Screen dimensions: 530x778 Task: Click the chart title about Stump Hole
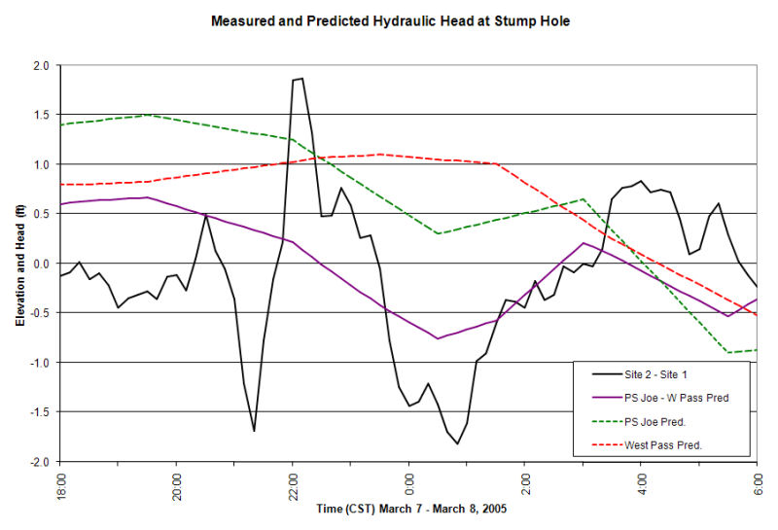click(390, 20)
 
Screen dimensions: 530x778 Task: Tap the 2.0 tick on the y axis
click(39, 65)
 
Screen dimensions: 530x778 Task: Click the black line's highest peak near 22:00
click(301, 79)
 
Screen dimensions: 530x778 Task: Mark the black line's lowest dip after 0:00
click(457, 443)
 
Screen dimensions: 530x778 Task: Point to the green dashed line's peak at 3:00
click(583, 199)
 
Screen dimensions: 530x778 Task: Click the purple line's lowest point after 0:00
click(439, 338)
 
